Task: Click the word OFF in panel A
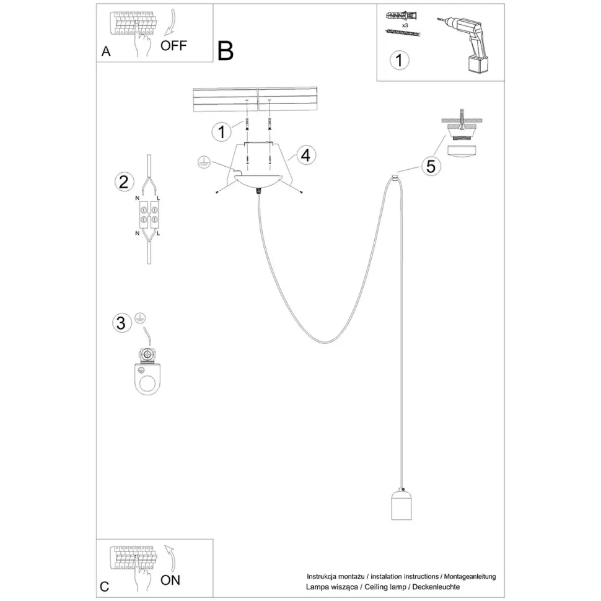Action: point(173,46)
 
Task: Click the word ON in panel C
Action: point(170,580)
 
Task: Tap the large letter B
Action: point(226,51)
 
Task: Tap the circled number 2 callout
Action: point(123,182)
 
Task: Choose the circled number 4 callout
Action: point(304,155)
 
